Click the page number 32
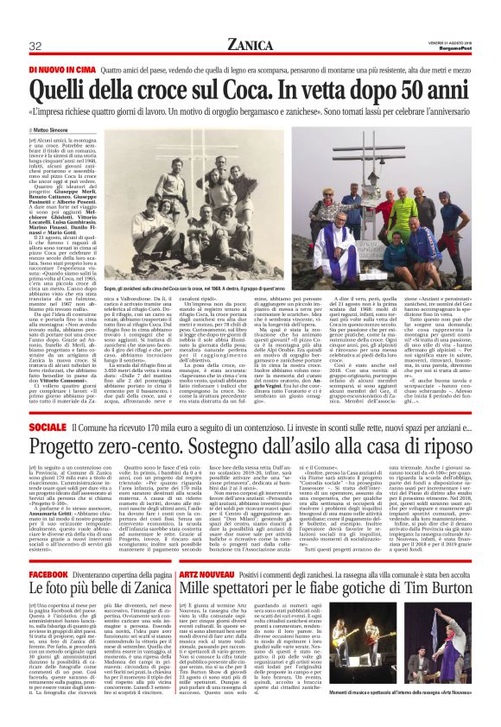pos(36,46)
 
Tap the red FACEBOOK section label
pos(48,574)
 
